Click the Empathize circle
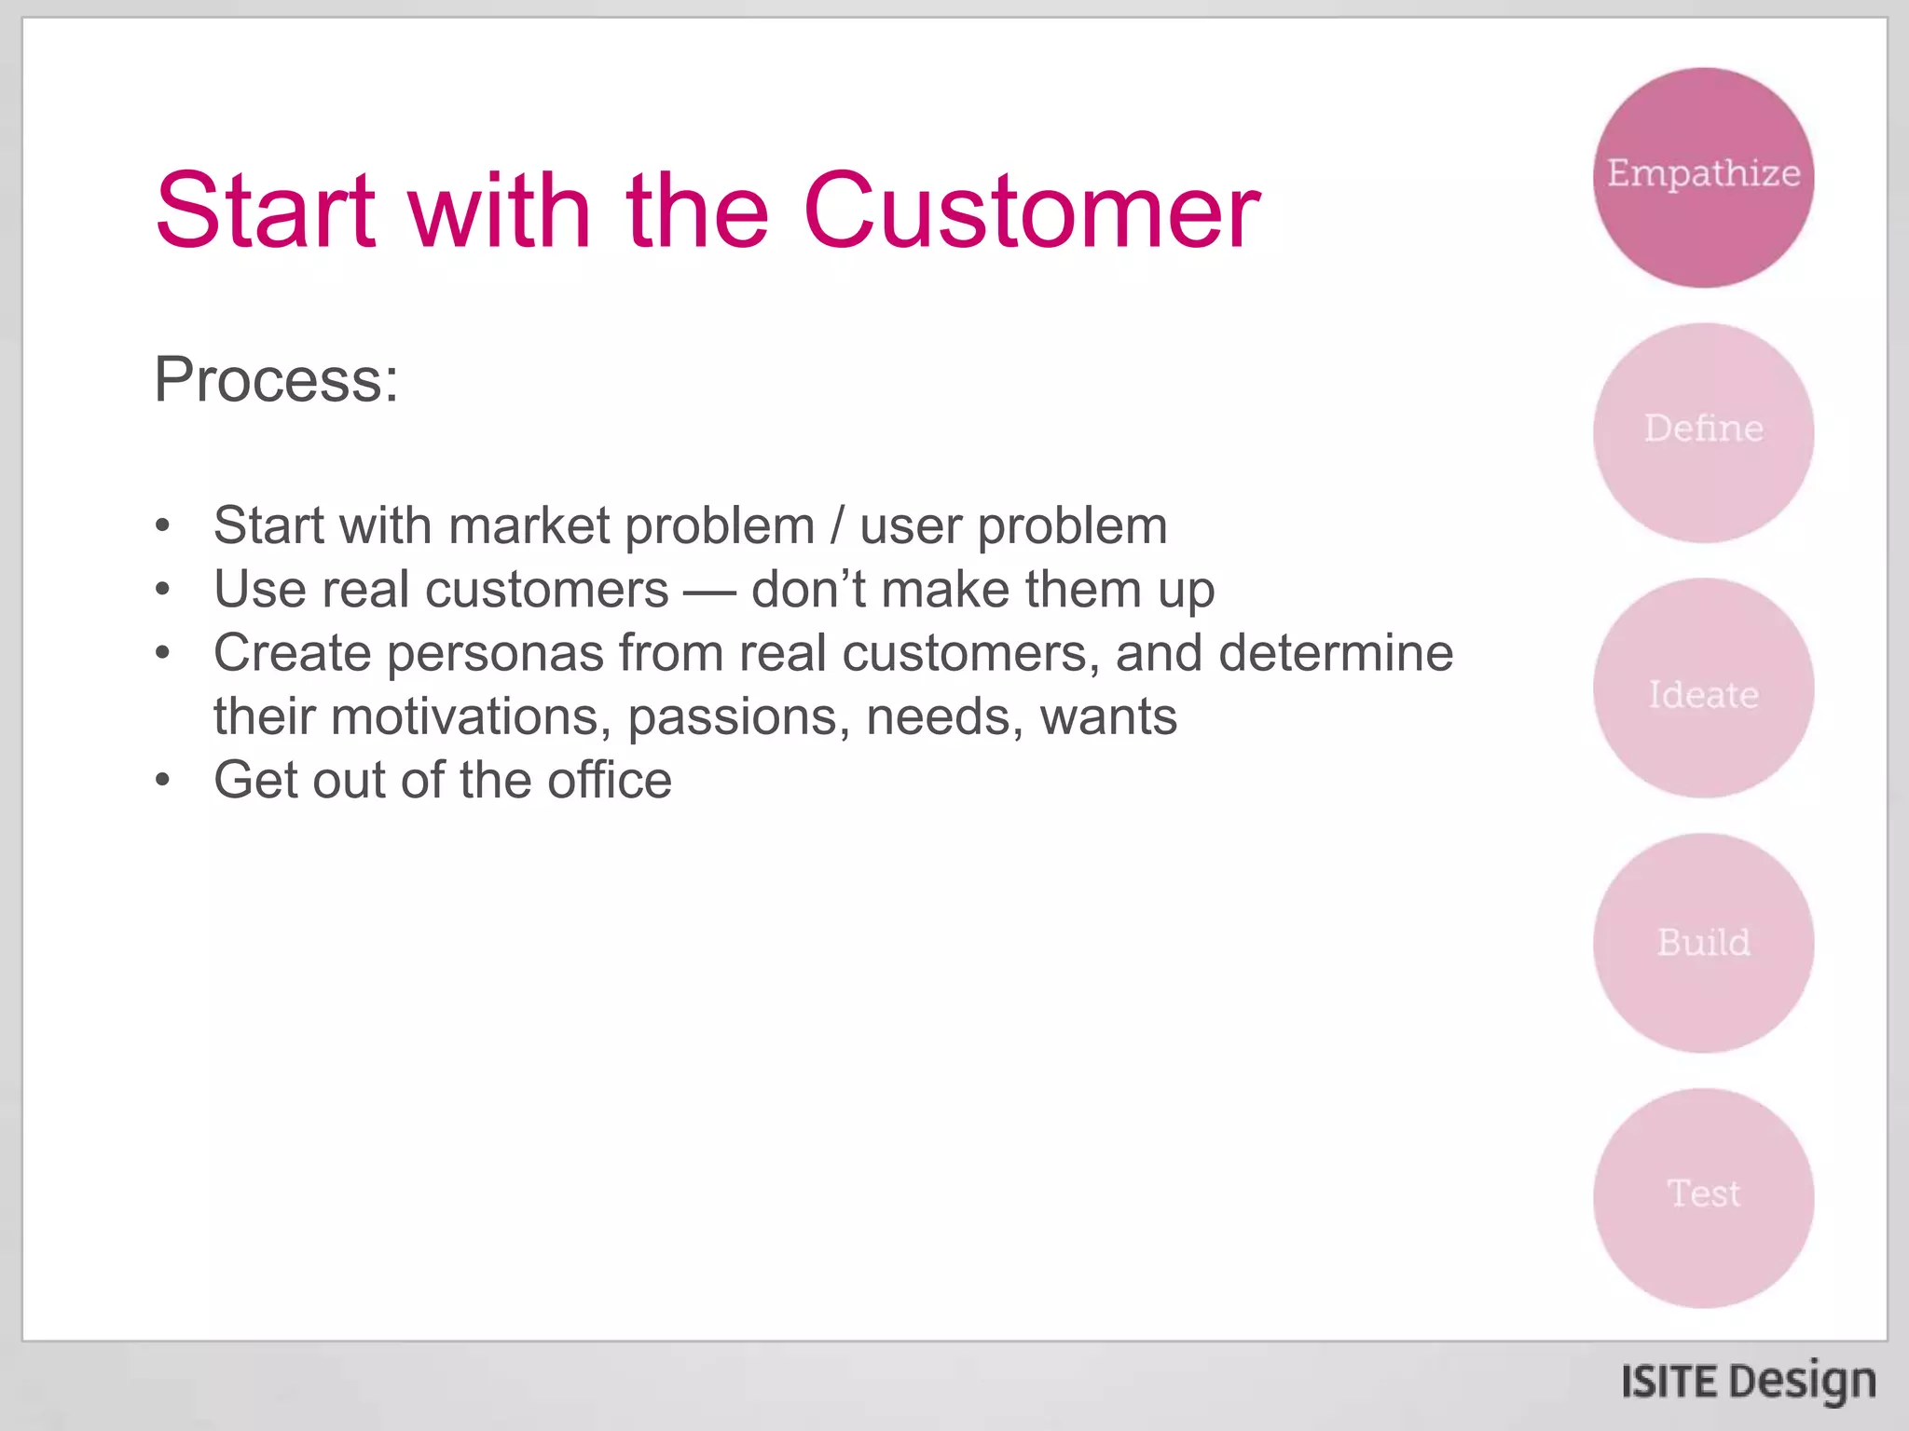pos(1703,177)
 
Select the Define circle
pos(1703,432)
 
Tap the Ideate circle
pos(1703,688)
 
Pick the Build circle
pos(1703,943)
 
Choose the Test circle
pos(1703,1198)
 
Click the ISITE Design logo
pos(1748,1382)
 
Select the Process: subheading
pos(276,380)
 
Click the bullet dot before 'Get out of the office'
pos(163,780)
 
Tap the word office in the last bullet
pos(609,780)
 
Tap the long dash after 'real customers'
pos(709,591)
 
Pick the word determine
pos(1335,653)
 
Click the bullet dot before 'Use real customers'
pos(163,590)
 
